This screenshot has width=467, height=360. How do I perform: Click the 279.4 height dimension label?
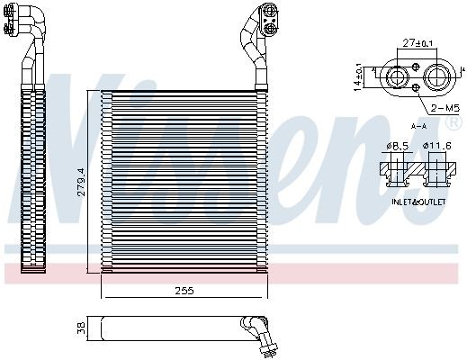80,183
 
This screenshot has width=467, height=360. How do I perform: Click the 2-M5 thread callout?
441,108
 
